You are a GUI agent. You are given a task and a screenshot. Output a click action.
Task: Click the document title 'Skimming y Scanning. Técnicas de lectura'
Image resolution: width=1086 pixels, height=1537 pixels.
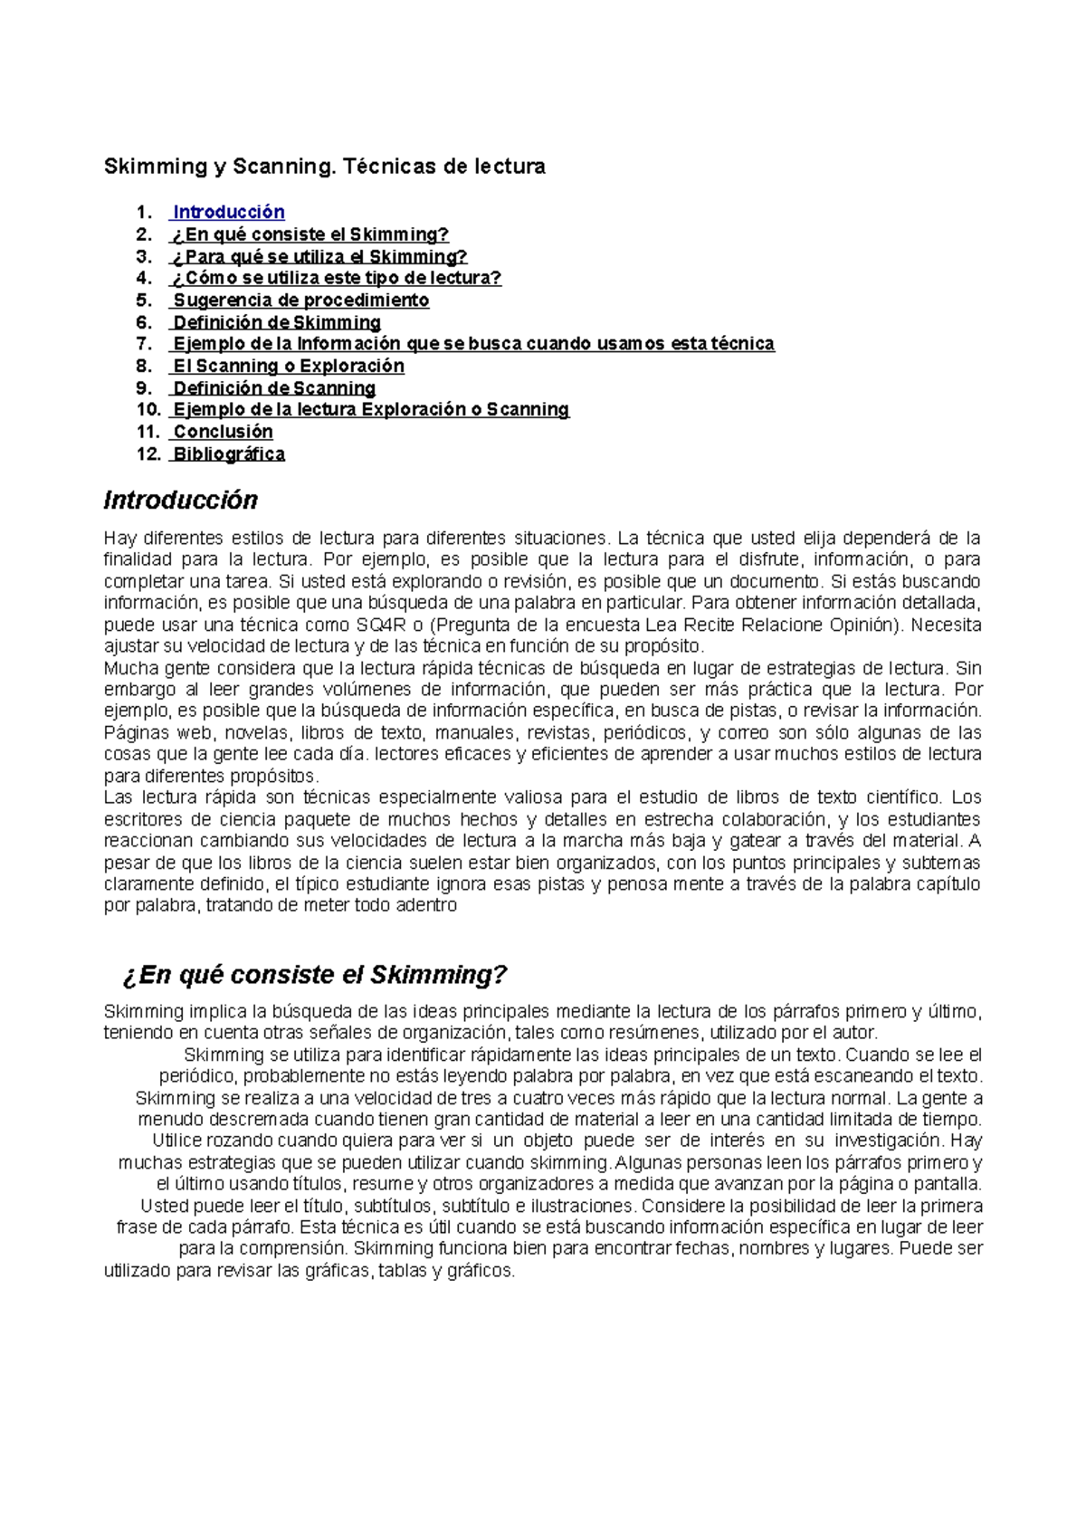(x=324, y=167)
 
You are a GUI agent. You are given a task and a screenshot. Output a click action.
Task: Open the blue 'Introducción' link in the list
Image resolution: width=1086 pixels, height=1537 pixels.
(x=228, y=212)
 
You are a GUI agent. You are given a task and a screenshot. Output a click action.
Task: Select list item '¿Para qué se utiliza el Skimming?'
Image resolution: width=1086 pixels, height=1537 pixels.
(x=319, y=256)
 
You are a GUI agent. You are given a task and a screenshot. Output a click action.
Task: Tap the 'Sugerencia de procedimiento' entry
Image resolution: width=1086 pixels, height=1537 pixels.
(x=300, y=300)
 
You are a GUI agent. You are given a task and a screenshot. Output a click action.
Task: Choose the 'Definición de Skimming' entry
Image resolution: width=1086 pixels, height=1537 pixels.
(x=276, y=322)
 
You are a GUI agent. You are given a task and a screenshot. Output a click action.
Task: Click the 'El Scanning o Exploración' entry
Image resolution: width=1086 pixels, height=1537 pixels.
(x=288, y=366)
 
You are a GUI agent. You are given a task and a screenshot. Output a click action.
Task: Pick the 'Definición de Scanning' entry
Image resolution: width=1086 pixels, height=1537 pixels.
(x=273, y=387)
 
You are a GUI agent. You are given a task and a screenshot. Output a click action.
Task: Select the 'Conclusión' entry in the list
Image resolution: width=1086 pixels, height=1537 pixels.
(x=223, y=432)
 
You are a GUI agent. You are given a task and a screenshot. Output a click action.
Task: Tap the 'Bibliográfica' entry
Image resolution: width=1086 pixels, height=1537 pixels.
(x=228, y=453)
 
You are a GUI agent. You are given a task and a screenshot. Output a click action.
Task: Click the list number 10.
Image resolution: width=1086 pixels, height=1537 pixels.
(x=148, y=409)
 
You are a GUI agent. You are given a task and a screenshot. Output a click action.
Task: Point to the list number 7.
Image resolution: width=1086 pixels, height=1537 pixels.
(x=144, y=344)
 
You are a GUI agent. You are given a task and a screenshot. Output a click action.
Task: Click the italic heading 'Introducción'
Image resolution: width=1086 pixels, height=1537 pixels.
(x=180, y=500)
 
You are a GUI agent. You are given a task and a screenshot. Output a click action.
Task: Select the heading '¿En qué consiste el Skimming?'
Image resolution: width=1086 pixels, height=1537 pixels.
(x=314, y=975)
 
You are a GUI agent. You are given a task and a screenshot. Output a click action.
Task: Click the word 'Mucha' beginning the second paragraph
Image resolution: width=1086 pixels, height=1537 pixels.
(x=129, y=668)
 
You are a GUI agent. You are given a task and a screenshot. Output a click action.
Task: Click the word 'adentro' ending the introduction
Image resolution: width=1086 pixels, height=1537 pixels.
(x=425, y=905)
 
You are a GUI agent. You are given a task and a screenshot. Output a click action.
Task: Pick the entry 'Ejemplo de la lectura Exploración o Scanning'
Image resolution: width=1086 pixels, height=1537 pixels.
(x=370, y=409)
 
